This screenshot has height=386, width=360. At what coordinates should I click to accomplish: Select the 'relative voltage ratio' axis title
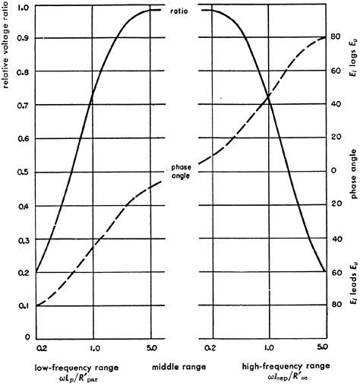click(6, 46)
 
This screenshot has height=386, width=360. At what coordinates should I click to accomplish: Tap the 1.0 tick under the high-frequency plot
click(268, 348)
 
